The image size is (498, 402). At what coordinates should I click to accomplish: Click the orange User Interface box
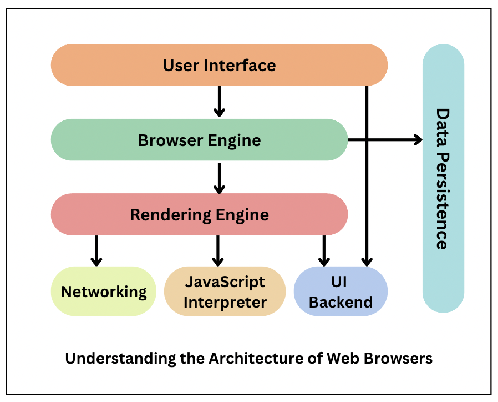point(218,65)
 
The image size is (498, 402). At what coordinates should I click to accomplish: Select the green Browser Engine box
point(199,140)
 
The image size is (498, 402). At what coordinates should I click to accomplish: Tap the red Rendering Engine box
point(199,214)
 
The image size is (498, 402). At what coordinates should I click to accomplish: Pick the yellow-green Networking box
point(104,292)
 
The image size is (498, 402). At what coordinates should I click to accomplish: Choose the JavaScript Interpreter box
point(225,292)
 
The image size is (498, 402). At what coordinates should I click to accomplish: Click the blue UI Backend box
point(340,292)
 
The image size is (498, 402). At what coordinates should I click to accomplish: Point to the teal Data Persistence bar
point(443,178)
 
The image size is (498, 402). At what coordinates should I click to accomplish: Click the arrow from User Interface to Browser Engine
point(219,102)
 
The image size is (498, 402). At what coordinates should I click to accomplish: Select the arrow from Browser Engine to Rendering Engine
point(219,178)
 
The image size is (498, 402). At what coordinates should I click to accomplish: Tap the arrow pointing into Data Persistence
point(388,140)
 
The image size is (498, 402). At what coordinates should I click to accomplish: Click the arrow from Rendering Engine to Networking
point(96,250)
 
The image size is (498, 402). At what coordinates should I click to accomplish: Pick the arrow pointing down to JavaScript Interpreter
point(217,250)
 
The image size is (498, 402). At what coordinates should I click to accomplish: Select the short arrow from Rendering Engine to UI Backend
point(323,250)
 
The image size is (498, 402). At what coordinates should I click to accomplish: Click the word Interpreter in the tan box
point(225,303)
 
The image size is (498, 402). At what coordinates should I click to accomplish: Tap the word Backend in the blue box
point(340,303)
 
